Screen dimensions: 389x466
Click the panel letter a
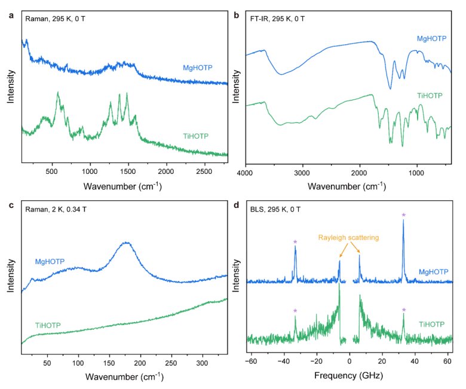(10, 16)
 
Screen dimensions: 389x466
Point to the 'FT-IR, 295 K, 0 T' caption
(279, 19)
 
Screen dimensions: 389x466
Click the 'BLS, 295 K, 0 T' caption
(277, 209)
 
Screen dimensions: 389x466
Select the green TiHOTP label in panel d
(430, 324)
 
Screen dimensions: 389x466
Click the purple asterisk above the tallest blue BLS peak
(404, 215)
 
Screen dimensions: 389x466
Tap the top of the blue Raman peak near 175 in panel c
(125, 243)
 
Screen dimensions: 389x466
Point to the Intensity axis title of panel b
(235, 84)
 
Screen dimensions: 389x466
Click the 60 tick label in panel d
(446, 362)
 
